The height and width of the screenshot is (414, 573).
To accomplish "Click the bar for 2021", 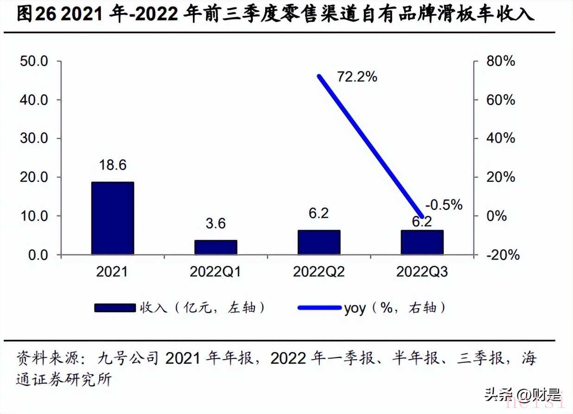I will pos(113,218).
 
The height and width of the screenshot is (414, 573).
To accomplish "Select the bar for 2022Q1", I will pos(216,247).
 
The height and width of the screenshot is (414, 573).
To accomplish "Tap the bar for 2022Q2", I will pos(319,242).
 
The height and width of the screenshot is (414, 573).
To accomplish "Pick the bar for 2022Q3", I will pos(422,242).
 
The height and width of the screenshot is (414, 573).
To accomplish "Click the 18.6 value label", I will pos(113,165).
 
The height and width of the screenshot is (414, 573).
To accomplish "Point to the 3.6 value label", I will pos(216,224).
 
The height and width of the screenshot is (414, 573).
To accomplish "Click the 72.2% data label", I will pos(357,77).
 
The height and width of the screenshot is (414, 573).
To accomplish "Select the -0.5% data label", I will pos(443,204).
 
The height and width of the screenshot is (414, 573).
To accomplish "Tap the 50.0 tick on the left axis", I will pos(35,61).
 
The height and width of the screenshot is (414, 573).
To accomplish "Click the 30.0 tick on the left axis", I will pos(35,139).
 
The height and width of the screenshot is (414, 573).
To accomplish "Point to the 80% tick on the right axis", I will pos(500,61).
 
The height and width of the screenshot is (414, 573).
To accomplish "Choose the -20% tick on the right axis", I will pos(502,255).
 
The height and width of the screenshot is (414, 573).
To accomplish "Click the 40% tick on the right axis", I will pos(500,139).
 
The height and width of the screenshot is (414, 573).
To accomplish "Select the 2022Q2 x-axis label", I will pos(319,272).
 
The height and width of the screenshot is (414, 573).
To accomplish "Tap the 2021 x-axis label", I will pos(112,272).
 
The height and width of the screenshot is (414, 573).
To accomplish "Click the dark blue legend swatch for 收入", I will pos(114,308).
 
